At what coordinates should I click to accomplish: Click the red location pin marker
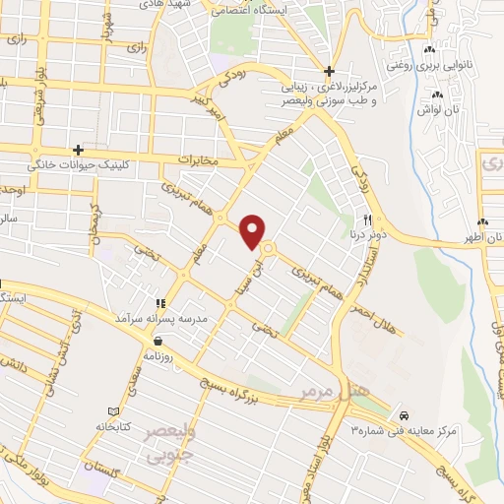253,230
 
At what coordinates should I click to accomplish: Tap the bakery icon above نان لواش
438,94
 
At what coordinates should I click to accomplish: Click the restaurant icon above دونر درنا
367,220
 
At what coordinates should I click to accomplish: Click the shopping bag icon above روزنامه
158,340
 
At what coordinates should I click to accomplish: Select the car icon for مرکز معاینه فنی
406,414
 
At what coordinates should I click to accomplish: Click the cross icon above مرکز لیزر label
330,71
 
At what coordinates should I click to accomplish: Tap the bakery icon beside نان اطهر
482,221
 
